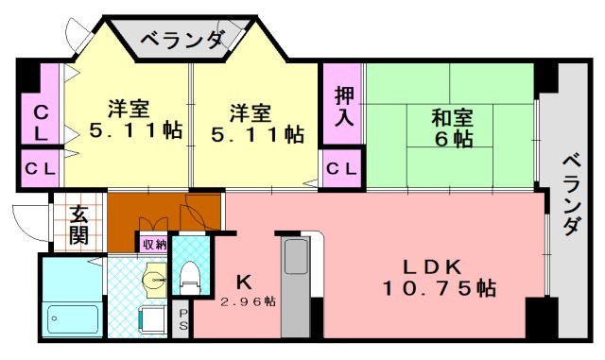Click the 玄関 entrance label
click(x=78, y=225)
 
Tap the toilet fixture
click(x=189, y=275)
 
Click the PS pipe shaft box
click(x=183, y=320)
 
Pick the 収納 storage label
click(x=153, y=245)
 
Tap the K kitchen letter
click(x=244, y=281)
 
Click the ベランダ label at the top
click(x=182, y=40)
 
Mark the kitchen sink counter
click(x=297, y=283)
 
